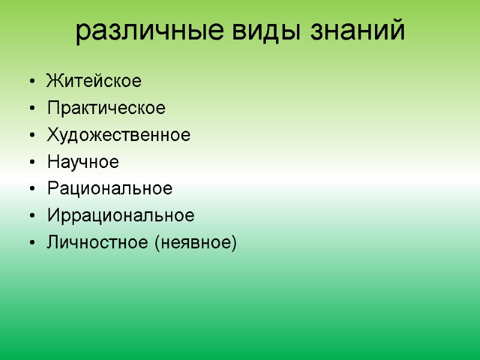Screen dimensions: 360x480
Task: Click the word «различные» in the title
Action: [x=150, y=31]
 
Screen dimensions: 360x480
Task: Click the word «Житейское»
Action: [x=94, y=81]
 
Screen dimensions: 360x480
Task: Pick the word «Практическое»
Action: [x=106, y=108]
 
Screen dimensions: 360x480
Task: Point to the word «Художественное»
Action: [x=118, y=135]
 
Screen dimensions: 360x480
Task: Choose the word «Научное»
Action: [x=83, y=162]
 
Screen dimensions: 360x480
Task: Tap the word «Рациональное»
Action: [x=110, y=189]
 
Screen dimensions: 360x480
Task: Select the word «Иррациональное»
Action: [x=121, y=215]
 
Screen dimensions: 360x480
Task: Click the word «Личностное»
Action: [x=98, y=242]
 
